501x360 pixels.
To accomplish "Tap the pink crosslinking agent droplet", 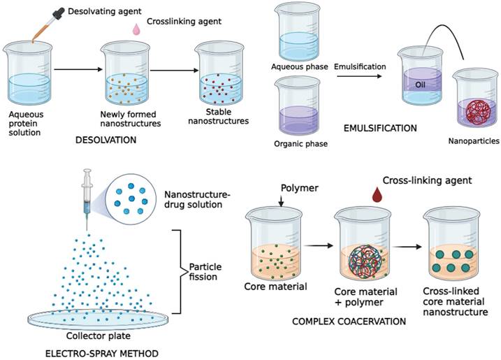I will pos(137,29).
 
